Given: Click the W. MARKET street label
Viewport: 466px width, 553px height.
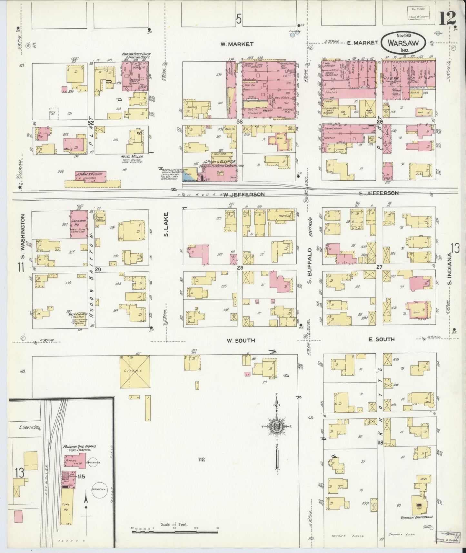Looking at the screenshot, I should [x=237, y=44].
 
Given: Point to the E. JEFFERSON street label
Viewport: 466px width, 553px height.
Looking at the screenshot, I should [x=379, y=193].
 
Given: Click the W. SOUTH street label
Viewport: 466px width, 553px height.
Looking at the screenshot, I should [x=241, y=340].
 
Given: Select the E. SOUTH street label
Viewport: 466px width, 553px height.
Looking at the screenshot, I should [x=382, y=339].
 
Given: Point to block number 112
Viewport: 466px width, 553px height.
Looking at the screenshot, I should [x=202, y=459].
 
